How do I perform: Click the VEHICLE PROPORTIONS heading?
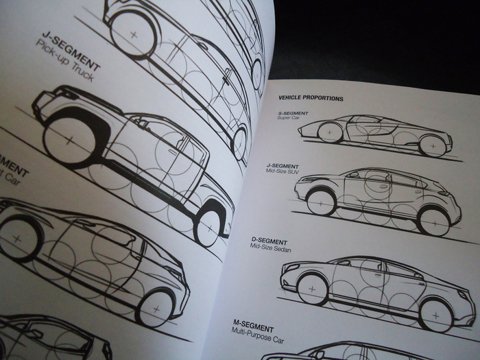point(311,98)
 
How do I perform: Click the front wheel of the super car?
point(331,132)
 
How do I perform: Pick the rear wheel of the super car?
point(431,145)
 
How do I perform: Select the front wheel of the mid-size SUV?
point(321,201)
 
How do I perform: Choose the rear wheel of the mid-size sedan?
point(436,312)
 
